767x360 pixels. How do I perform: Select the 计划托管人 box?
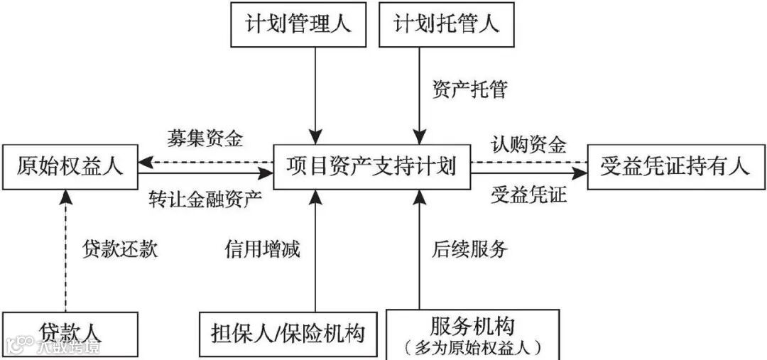pyautogui.click(x=447, y=24)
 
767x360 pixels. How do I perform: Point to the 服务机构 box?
pyautogui.click(x=472, y=327)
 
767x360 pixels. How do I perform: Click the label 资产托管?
pyautogui.click(x=469, y=90)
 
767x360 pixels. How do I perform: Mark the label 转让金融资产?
pyautogui.click(x=206, y=198)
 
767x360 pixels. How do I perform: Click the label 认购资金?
pyautogui.click(x=529, y=145)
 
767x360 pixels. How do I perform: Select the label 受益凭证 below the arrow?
pyautogui.click(x=529, y=195)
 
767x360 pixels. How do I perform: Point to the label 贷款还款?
pyautogui.click(x=120, y=249)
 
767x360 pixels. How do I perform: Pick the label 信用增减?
pyautogui.click(x=262, y=249)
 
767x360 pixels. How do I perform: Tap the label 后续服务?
pyautogui.click(x=469, y=249)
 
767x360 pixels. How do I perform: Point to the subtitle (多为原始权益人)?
pyautogui.click(x=472, y=348)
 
